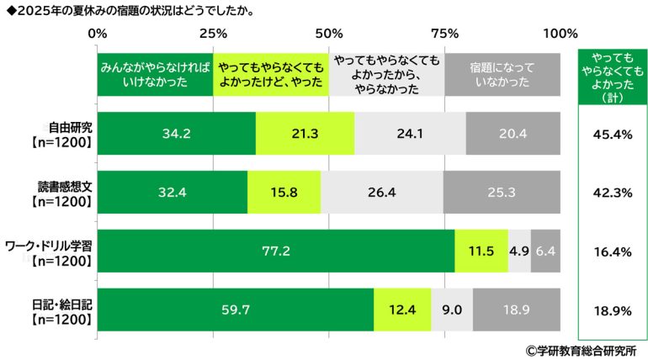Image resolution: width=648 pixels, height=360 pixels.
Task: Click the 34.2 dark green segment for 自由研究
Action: point(177,133)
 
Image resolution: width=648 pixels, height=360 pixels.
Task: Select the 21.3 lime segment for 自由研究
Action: point(305,133)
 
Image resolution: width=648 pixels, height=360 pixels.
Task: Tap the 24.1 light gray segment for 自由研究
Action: point(410,133)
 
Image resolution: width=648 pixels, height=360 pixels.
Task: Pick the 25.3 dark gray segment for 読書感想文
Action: point(502,192)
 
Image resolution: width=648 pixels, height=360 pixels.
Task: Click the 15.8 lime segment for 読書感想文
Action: point(284,192)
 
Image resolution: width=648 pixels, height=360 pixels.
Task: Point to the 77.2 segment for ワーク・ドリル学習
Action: point(276,251)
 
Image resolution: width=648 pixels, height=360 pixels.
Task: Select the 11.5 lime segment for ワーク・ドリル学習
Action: point(481,251)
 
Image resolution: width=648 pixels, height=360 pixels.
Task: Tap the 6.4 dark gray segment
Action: point(545,251)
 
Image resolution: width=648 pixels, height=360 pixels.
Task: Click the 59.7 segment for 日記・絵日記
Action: point(236,310)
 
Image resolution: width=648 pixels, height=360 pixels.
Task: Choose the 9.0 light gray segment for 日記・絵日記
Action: point(452,310)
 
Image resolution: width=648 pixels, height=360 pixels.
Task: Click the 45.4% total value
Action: point(612,133)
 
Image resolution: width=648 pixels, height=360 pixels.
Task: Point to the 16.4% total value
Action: point(612,251)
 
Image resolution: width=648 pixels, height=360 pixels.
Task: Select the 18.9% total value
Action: point(612,310)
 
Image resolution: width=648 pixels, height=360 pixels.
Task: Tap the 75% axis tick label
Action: point(444,34)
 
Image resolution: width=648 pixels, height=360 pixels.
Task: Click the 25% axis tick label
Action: point(213,34)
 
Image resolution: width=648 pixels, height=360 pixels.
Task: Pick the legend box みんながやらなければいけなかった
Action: point(155,74)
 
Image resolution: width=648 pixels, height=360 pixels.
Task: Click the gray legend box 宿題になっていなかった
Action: point(502,74)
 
